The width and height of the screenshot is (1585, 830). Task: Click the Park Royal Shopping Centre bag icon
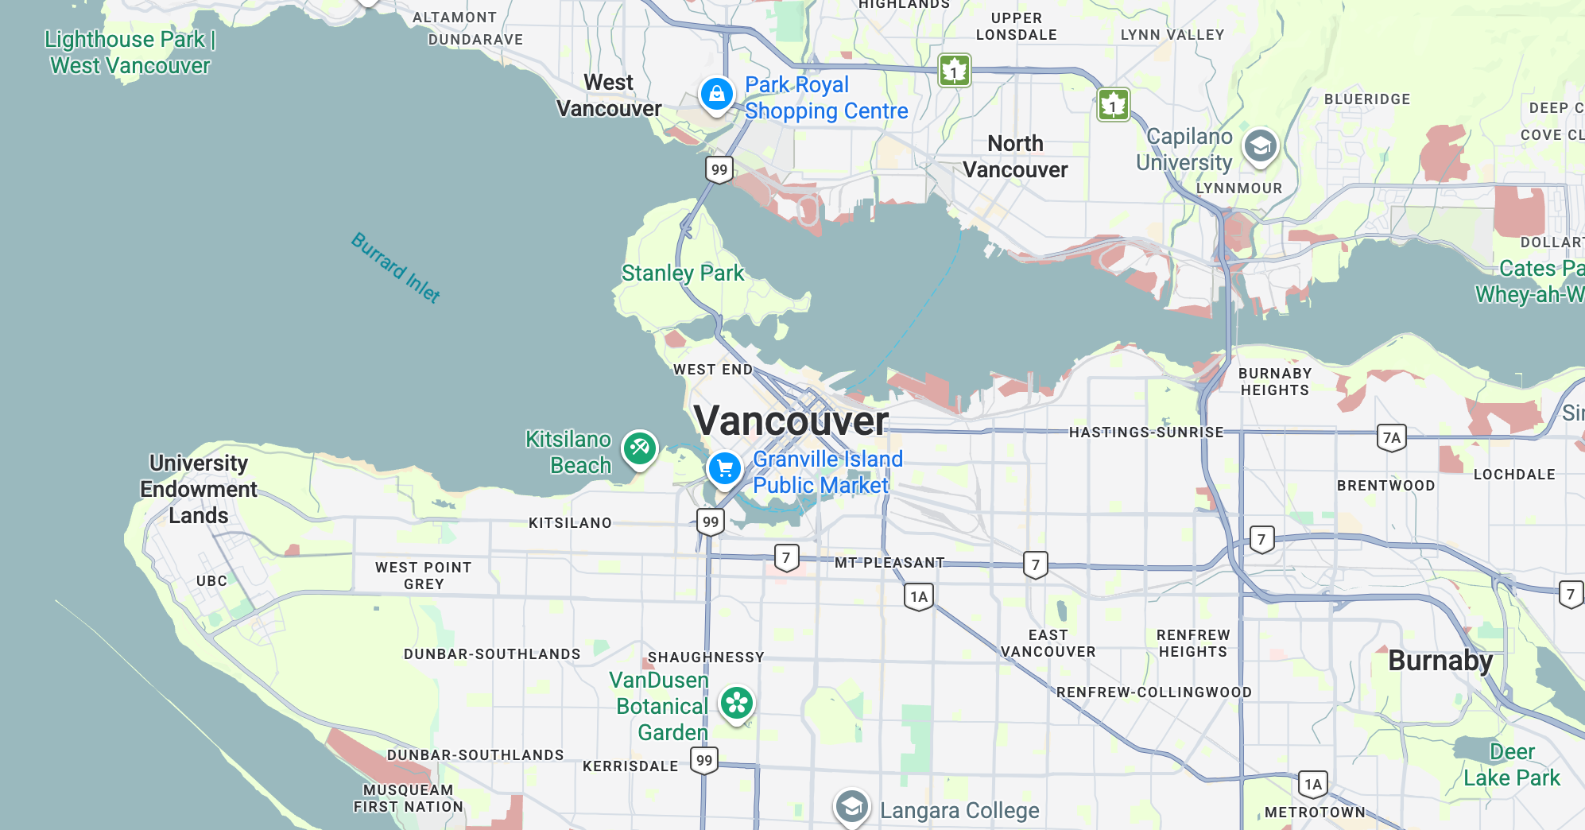pyautogui.click(x=716, y=94)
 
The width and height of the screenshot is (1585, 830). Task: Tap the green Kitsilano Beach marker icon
pyautogui.click(x=639, y=448)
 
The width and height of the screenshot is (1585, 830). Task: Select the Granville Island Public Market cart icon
pyautogui.click(x=724, y=467)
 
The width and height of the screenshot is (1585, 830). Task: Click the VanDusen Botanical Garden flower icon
pyautogui.click(x=737, y=703)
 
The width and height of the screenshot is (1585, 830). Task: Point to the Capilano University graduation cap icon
pyautogui.click(x=1260, y=145)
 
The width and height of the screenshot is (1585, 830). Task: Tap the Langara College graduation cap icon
pyautogui.click(x=851, y=808)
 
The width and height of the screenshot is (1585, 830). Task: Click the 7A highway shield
pyautogui.click(x=1391, y=437)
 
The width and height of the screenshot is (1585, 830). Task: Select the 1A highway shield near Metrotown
pyautogui.click(x=1313, y=785)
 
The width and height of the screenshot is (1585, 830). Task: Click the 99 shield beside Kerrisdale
pyautogui.click(x=704, y=760)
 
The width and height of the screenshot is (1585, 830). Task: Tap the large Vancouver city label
pyautogui.click(x=791, y=421)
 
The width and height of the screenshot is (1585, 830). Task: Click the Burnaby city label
pyautogui.click(x=1440, y=661)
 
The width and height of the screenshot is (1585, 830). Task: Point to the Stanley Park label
pyautogui.click(x=682, y=273)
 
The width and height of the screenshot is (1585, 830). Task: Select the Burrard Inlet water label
pyautogui.click(x=396, y=268)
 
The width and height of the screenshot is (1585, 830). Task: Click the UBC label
pyautogui.click(x=211, y=581)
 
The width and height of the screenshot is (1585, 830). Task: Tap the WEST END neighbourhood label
pyautogui.click(x=712, y=370)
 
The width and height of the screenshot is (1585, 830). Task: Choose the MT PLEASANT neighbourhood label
pyautogui.click(x=889, y=563)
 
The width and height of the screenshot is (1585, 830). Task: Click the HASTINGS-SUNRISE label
pyautogui.click(x=1145, y=432)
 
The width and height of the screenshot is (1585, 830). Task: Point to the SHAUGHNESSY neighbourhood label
pyautogui.click(x=706, y=657)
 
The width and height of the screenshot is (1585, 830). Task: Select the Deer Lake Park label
pyautogui.click(x=1511, y=765)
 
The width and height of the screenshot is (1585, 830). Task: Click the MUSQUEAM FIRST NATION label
pyautogui.click(x=408, y=798)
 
